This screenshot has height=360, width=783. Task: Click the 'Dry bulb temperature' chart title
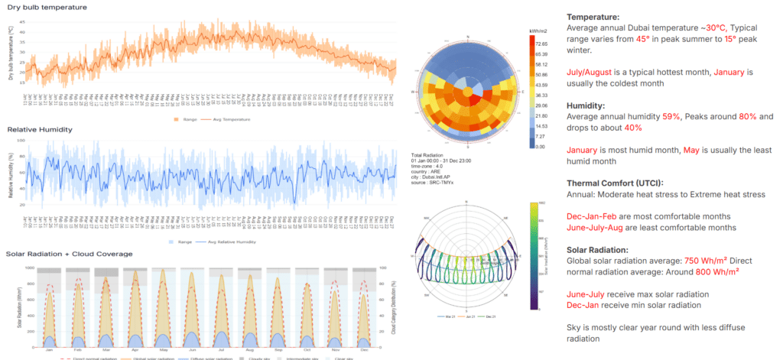[x=47, y=7]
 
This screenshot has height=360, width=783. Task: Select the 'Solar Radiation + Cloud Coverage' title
[x=69, y=254]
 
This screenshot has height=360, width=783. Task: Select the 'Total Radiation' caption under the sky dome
[x=433, y=156]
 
